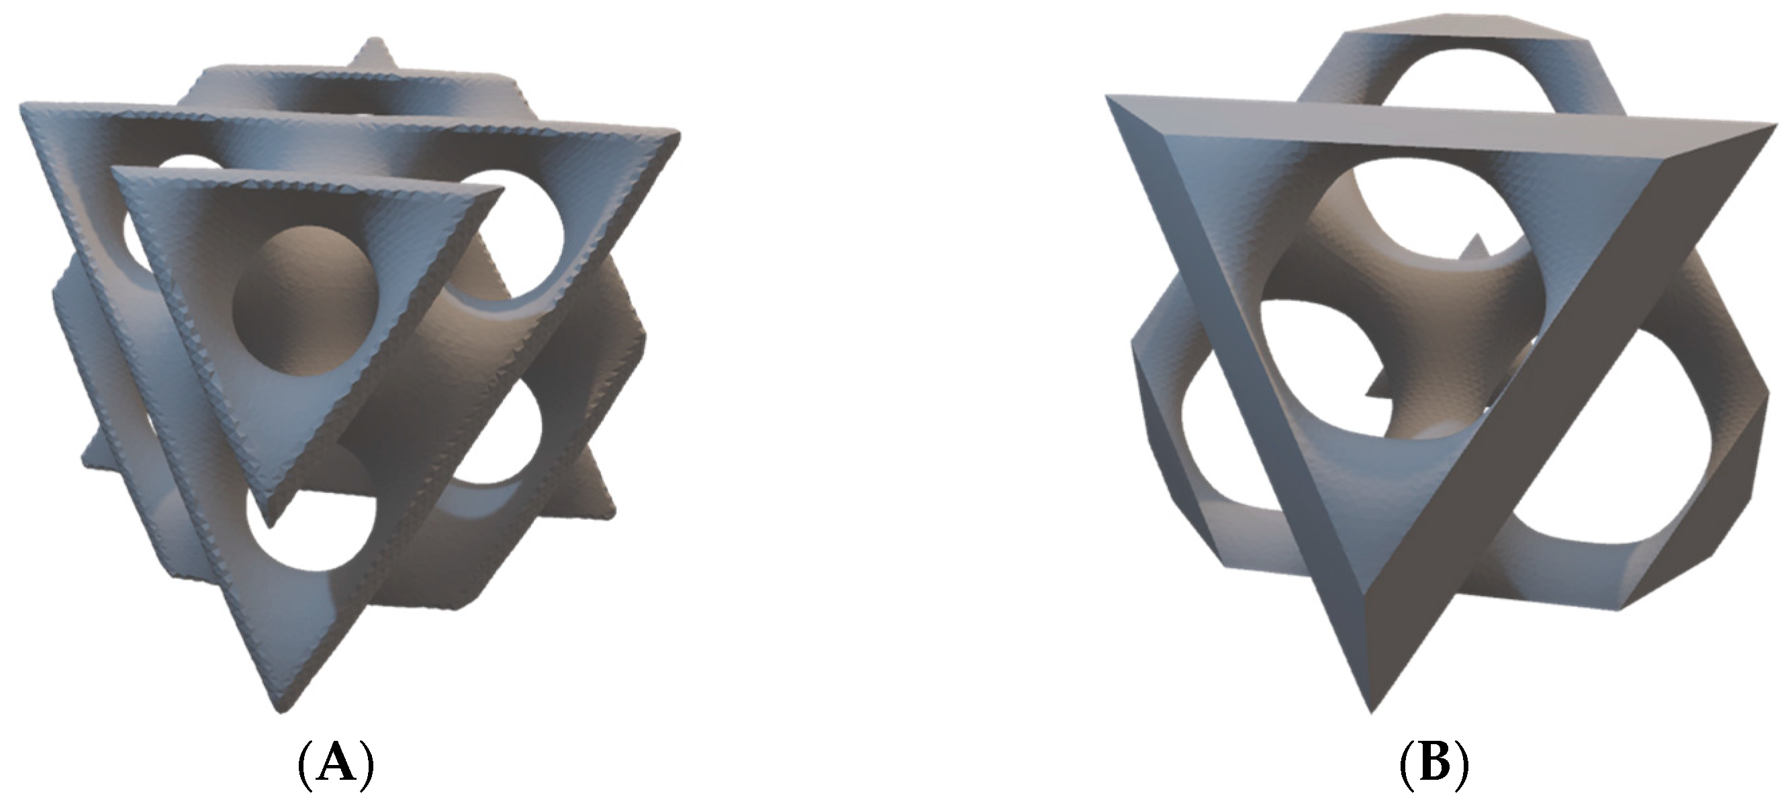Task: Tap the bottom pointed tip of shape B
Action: point(1371,709)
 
